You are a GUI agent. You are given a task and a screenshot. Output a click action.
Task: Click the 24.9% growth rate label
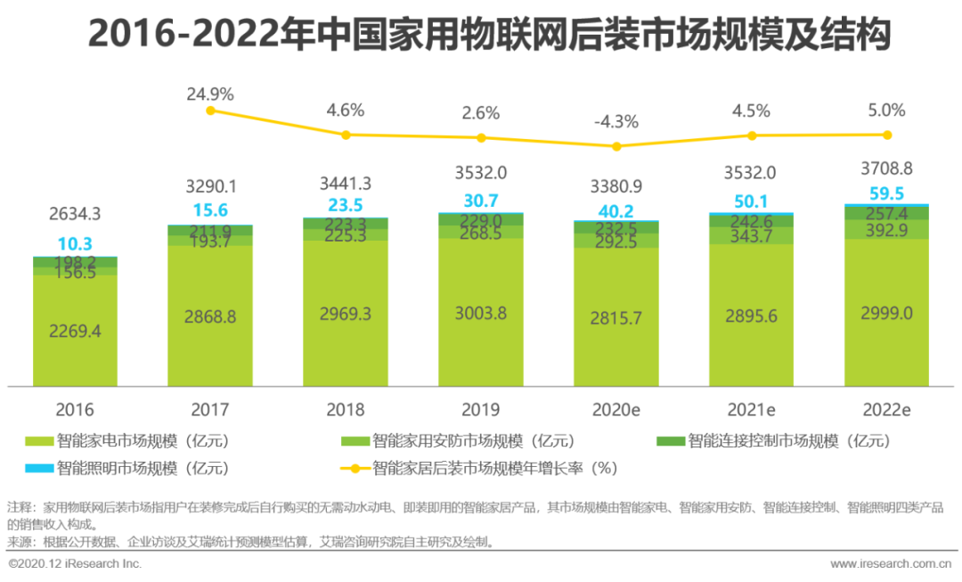point(210,94)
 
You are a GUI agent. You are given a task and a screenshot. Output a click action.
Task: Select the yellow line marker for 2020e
point(616,145)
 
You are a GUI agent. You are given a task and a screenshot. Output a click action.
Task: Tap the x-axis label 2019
point(481,410)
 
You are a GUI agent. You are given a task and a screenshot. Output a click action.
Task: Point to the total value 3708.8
point(886,168)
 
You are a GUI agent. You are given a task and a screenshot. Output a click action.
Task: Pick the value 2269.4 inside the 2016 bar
point(75,332)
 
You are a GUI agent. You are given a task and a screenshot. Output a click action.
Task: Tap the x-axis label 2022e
point(886,410)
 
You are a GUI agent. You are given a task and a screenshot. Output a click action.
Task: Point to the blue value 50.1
point(751,202)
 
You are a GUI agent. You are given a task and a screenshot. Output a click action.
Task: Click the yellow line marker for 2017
point(210,111)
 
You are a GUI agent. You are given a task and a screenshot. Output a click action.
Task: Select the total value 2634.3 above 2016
point(75,214)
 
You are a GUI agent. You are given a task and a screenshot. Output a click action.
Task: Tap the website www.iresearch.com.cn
point(890,564)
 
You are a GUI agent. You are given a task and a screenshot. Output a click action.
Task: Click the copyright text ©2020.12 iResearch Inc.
point(75,564)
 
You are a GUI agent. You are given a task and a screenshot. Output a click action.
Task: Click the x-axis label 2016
point(75,410)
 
